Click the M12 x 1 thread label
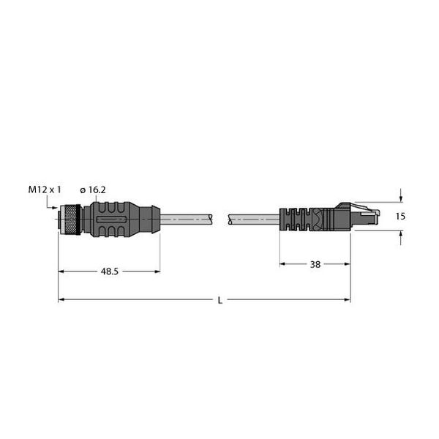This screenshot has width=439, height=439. (45, 190)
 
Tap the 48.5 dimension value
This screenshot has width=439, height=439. (108, 271)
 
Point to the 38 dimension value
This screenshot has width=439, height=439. (315, 264)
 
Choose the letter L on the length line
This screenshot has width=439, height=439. (220, 299)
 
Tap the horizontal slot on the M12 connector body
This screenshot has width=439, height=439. (110, 218)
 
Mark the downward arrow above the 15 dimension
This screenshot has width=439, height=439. (401, 198)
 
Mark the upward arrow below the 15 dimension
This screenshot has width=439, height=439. (401, 236)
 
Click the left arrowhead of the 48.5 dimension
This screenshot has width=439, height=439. (62, 271)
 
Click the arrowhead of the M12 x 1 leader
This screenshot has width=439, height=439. (58, 208)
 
